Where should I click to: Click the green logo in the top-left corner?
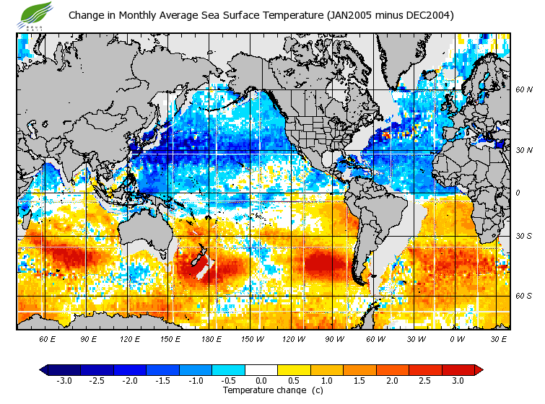[36, 14]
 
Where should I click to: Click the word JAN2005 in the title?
[349, 14]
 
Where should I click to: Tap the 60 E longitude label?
[48, 338]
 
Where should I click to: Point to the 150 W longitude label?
[253, 338]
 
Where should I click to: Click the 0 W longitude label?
[457, 338]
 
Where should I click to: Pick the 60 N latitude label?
[523, 89]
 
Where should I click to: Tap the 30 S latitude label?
[523, 236]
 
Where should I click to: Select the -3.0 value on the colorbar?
[63, 380]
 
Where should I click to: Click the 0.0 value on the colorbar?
[261, 380]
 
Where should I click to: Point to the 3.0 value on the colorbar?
[458, 380]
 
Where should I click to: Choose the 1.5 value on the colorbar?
[359, 380]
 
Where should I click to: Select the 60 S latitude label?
[523, 295]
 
